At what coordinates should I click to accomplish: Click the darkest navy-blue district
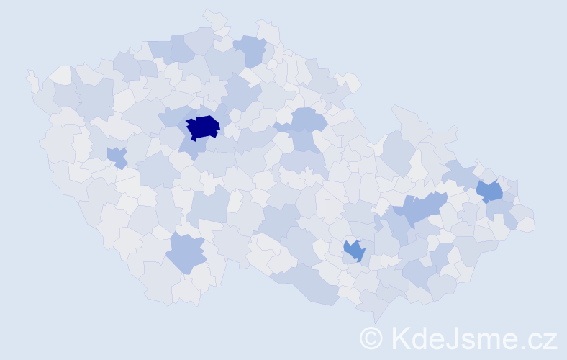pyautogui.click(x=203, y=127)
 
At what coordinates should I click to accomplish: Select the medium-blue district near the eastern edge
pyautogui.click(x=490, y=191)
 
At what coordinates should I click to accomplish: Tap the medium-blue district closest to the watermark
pyautogui.click(x=354, y=251)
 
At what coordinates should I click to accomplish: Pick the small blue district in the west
pyautogui.click(x=116, y=156)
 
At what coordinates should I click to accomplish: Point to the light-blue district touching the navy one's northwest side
pyautogui.click(x=173, y=115)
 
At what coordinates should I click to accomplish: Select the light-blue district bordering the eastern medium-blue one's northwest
pyautogui.click(x=461, y=174)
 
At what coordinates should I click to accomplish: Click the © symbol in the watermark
pyautogui.click(x=371, y=338)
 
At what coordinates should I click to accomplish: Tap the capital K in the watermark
pyautogui.click(x=402, y=338)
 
